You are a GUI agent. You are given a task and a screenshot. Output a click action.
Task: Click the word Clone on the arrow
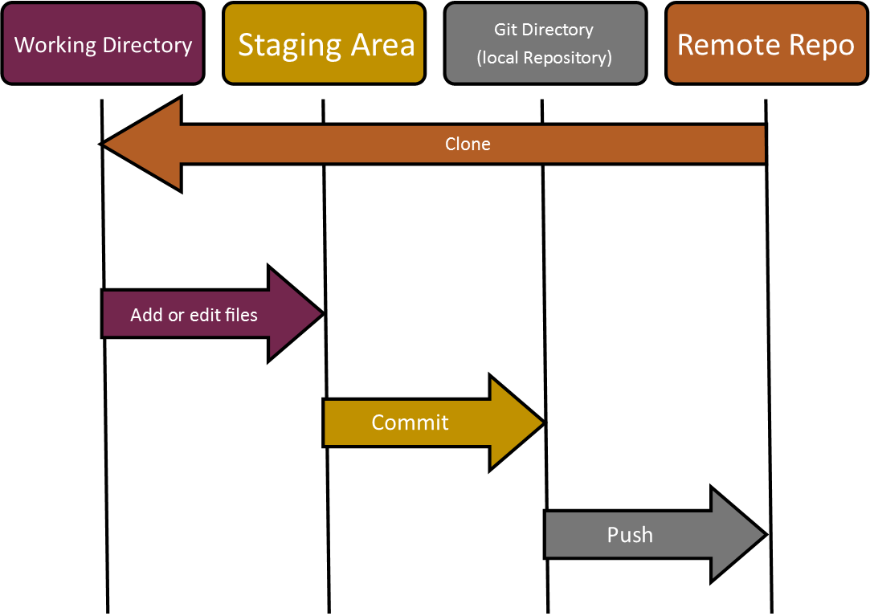pos(468,145)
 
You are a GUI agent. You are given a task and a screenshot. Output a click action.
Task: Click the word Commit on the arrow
pos(410,422)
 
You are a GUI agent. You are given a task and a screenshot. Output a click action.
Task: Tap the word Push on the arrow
pos(630,535)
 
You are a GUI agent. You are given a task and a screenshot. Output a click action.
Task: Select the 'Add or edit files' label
pos(194,315)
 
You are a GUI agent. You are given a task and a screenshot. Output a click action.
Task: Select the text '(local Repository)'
pos(545,59)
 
